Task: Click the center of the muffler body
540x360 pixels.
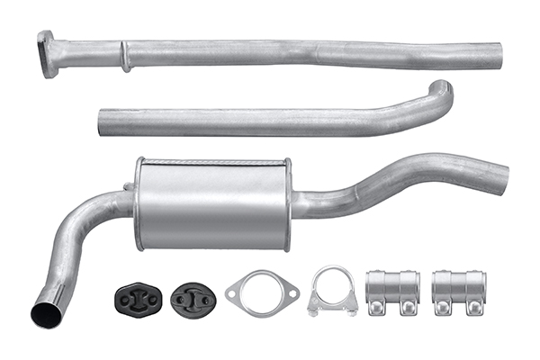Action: pyautogui.click(x=213, y=203)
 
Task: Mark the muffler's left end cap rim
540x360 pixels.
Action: pyautogui.click(x=139, y=203)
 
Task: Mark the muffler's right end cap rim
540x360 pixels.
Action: pyautogui.click(x=287, y=203)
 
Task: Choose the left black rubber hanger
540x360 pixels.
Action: pyautogui.click(x=138, y=297)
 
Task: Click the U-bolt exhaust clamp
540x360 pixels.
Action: pyautogui.click(x=332, y=292)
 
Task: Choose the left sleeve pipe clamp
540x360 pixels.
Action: pyautogui.click(x=391, y=290)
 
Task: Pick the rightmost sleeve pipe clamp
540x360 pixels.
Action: pyautogui.click(x=458, y=290)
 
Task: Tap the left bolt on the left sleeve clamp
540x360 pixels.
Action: pyautogui.click(x=378, y=308)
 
